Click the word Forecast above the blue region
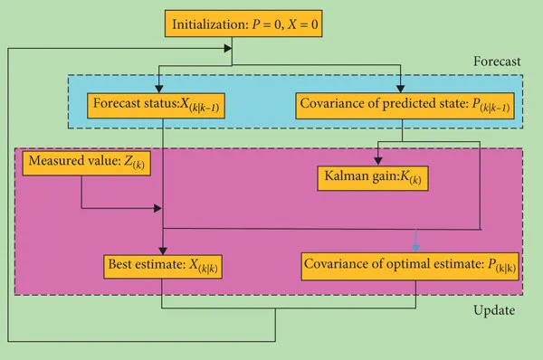point(497,62)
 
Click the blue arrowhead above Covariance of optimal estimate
point(415,248)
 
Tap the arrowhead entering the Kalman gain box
point(377,160)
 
